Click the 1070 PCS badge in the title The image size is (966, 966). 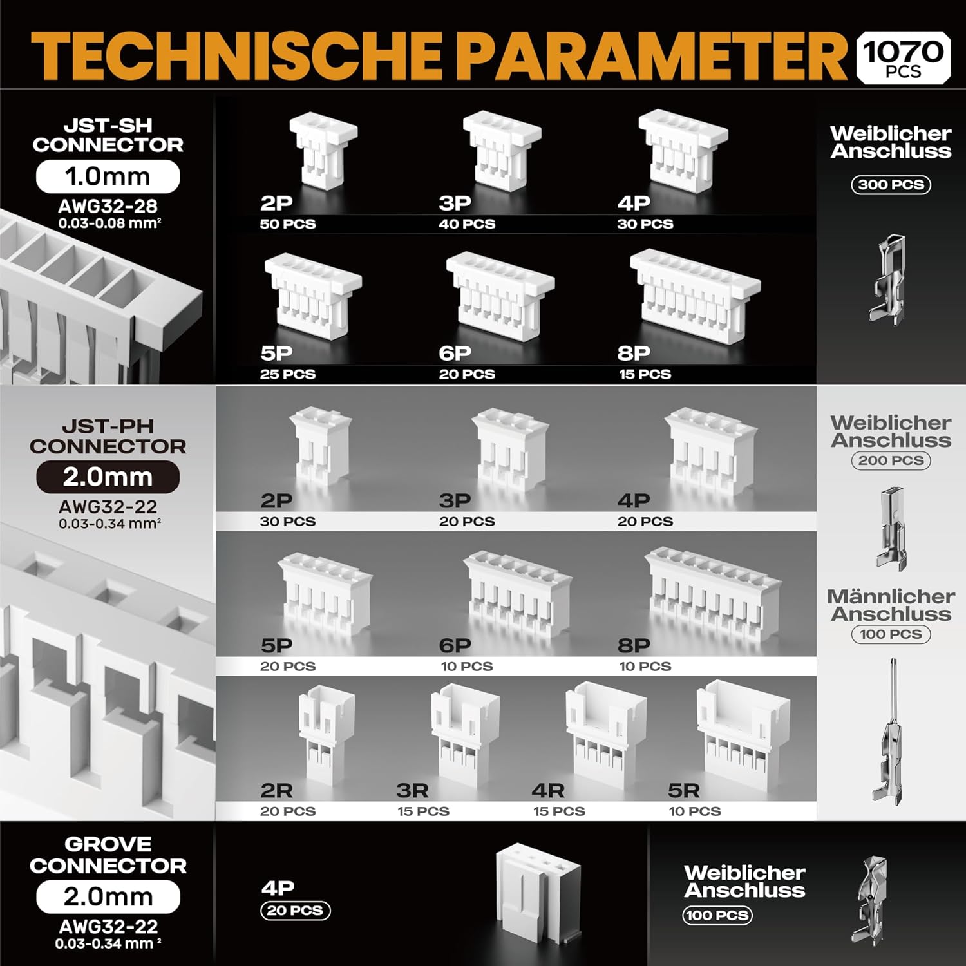pyautogui.click(x=904, y=57)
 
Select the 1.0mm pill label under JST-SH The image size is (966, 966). pyautogui.click(x=108, y=176)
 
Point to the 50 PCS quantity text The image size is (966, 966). pyautogui.click(x=288, y=224)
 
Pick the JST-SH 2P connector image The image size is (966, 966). pyautogui.click(x=323, y=150)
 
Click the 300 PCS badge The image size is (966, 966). pyautogui.click(x=891, y=185)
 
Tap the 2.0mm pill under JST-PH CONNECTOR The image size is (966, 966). pyautogui.click(x=108, y=477)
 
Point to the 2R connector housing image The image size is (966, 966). pyautogui.click(x=327, y=734)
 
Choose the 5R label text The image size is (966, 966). pyautogui.click(x=683, y=791)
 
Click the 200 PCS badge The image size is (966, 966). pyautogui.click(x=891, y=460)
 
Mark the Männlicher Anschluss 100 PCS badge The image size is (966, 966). pyautogui.click(x=891, y=634)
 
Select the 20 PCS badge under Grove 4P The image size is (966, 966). pyautogui.click(x=295, y=911)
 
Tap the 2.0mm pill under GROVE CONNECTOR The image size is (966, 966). pyautogui.click(x=108, y=896)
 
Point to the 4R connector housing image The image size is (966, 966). pyautogui.click(x=605, y=734)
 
